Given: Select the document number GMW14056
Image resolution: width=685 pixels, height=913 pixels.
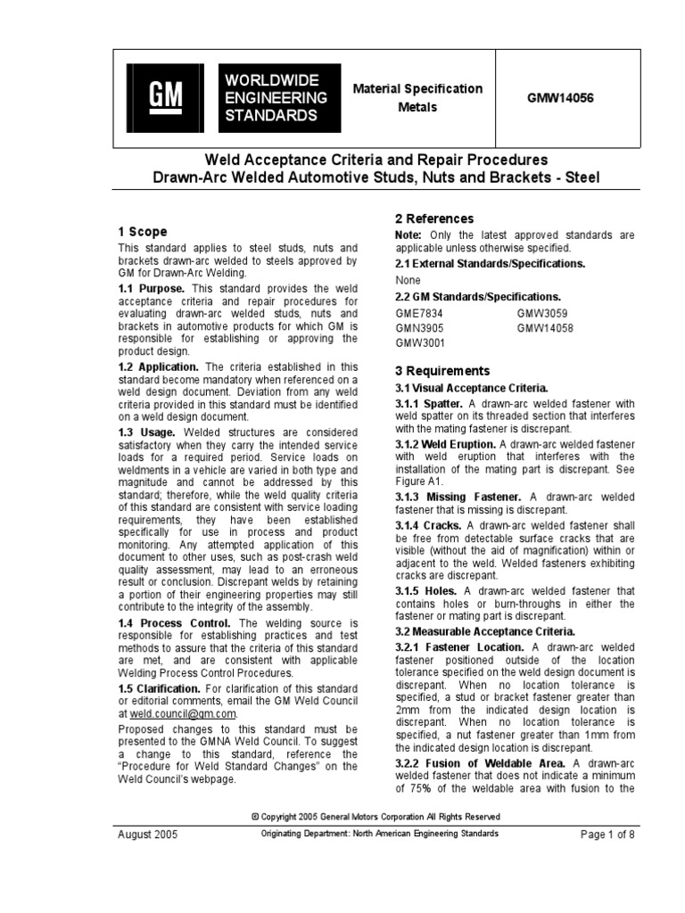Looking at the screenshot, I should [x=559, y=98].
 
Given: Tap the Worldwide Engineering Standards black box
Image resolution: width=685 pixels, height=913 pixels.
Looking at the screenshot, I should [x=276, y=98].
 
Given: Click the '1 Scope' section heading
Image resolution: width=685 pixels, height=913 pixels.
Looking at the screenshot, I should [x=143, y=231].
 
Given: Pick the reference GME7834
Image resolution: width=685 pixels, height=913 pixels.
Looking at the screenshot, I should [x=419, y=313].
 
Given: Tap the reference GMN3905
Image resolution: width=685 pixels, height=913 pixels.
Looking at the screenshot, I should [x=419, y=327].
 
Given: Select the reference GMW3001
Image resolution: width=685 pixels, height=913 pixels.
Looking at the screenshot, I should [x=420, y=341].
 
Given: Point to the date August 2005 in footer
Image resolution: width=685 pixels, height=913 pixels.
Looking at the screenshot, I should [x=148, y=835].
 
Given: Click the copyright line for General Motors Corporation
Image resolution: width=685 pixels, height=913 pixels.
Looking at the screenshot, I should [x=376, y=816].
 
